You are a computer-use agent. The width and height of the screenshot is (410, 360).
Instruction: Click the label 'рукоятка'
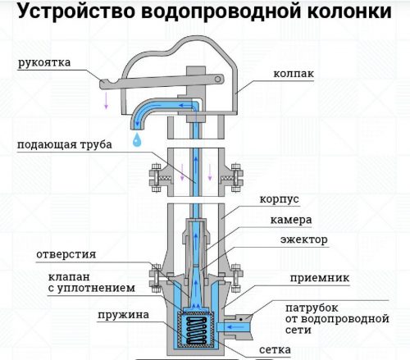click(x=44, y=62)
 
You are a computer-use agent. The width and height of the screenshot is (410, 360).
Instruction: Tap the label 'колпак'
click(x=294, y=74)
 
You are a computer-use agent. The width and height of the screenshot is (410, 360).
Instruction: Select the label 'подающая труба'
click(x=65, y=145)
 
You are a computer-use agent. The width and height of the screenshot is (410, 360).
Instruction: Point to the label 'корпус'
click(x=279, y=199)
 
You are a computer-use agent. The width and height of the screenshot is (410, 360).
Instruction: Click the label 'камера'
click(x=291, y=220)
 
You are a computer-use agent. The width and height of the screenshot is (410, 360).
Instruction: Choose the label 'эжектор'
click(x=304, y=239)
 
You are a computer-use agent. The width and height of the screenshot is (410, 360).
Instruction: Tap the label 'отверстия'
click(x=66, y=254)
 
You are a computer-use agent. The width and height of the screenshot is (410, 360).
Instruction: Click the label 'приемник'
click(x=320, y=278)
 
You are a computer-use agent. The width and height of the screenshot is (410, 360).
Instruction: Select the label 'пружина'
click(x=124, y=315)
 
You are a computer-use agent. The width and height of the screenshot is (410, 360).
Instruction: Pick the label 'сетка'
click(x=275, y=349)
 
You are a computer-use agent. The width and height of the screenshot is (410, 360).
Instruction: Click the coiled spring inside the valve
click(x=196, y=330)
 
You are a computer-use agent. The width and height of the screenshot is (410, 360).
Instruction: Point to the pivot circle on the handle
click(x=217, y=80)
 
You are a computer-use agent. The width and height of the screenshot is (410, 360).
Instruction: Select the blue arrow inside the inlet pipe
click(x=236, y=326)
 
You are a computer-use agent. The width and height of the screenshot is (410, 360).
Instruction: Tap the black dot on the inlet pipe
click(x=241, y=319)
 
